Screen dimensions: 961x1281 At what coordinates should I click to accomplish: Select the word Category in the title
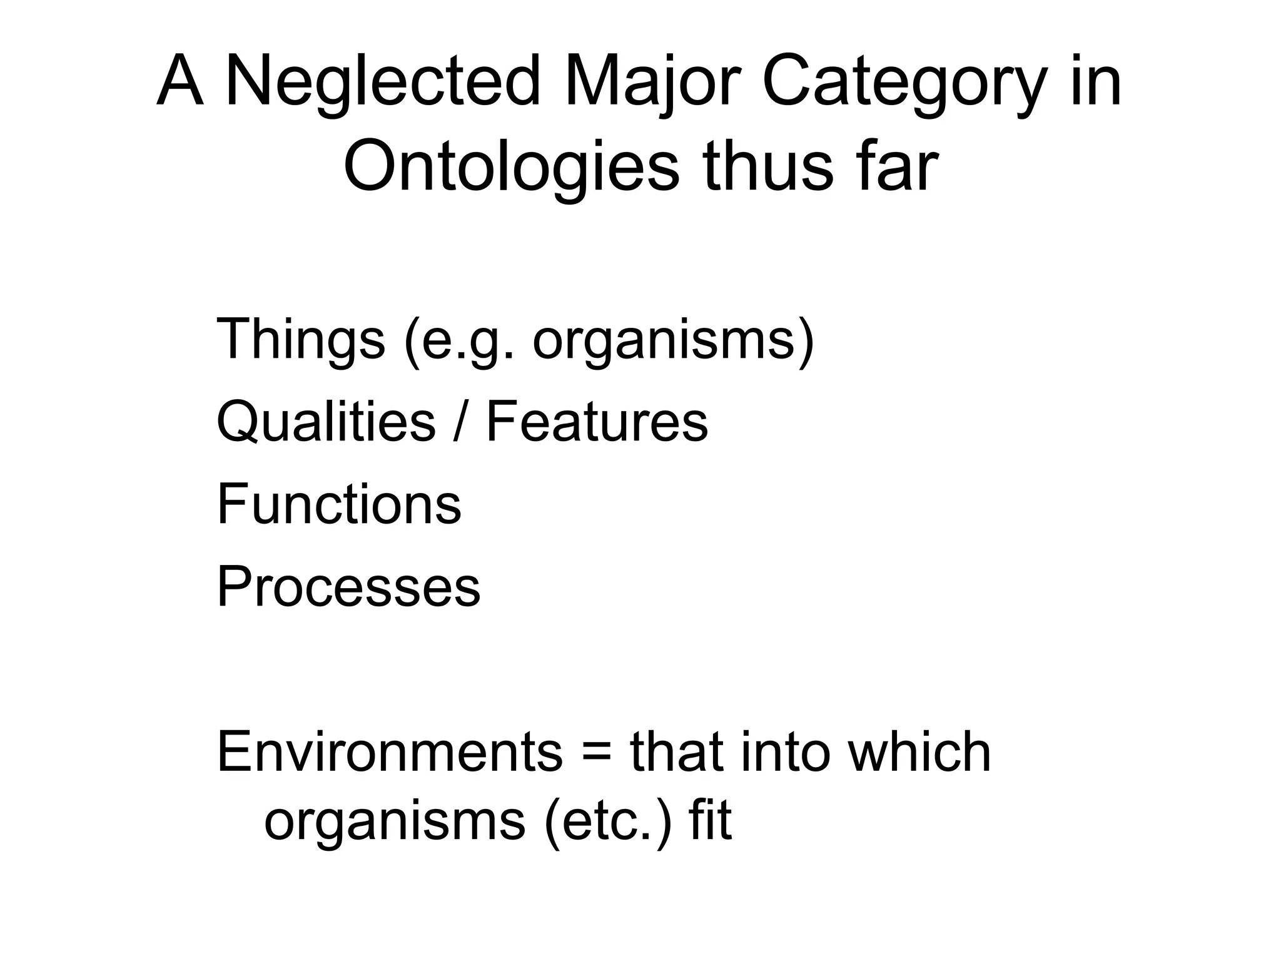(904, 82)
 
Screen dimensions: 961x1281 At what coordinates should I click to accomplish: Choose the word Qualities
(326, 421)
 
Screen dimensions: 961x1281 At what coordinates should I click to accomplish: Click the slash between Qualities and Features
(461, 421)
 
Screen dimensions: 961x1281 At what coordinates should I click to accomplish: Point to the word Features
(597, 421)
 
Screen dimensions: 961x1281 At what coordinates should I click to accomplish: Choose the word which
(919, 751)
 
